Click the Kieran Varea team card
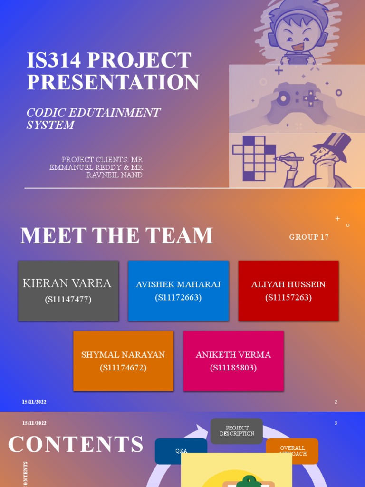68,291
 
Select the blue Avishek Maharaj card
178,291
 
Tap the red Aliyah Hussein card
288,291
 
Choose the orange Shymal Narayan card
123,361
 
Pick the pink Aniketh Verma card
233,361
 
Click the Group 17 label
309,237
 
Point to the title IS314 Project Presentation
113,71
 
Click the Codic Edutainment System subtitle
93,118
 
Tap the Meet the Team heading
116,236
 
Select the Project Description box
237,431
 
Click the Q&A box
181,451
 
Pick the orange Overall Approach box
292,450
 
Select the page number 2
336,402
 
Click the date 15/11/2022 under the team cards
34,402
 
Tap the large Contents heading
76,444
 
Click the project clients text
97,167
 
